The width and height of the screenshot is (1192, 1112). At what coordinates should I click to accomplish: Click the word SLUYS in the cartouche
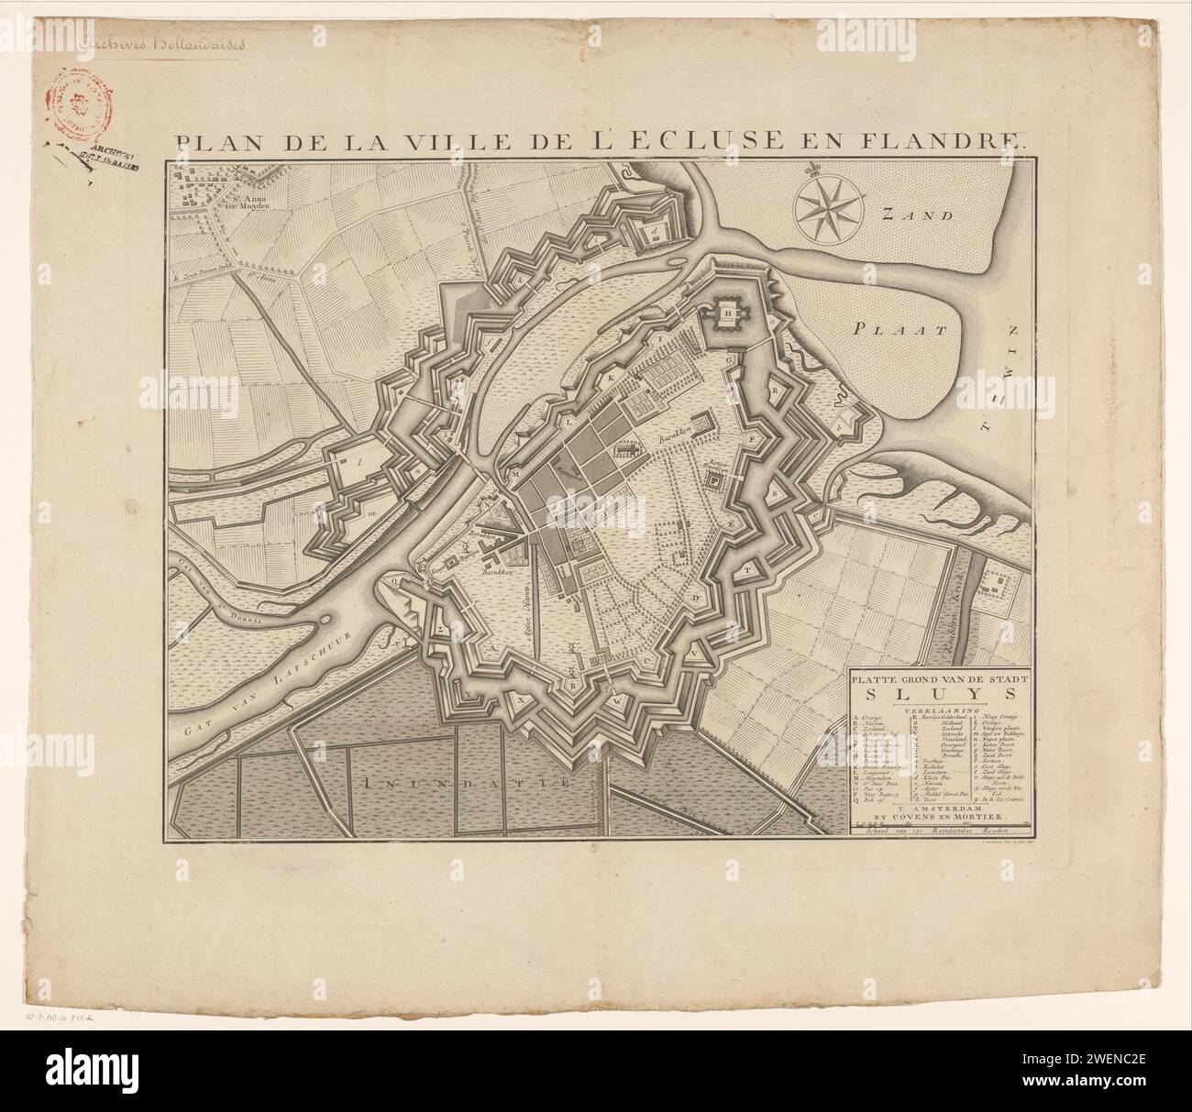939,694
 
